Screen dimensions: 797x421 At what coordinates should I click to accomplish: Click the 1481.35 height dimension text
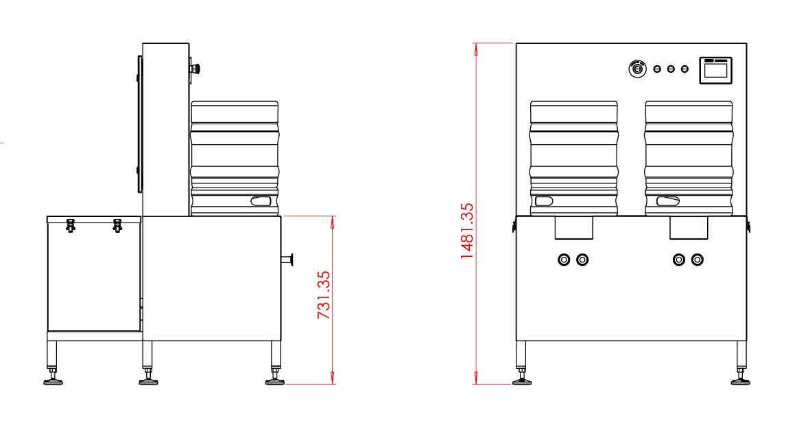pyautogui.click(x=467, y=231)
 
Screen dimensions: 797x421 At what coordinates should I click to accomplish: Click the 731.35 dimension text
pyautogui.click(x=324, y=295)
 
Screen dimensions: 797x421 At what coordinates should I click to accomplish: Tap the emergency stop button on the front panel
pyautogui.click(x=637, y=68)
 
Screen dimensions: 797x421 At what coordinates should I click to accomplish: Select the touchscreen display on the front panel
pyautogui.click(x=715, y=70)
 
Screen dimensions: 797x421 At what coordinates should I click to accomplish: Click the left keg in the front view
pyautogui.click(x=574, y=159)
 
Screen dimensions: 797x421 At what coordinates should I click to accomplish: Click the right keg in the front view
pyautogui.click(x=689, y=159)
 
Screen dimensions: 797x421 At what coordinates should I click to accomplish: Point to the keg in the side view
pyautogui.click(x=235, y=159)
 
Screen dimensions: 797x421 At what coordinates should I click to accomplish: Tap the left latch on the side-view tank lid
pyautogui.click(x=71, y=225)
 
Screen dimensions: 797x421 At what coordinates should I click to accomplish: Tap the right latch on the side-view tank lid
pyautogui.click(x=117, y=225)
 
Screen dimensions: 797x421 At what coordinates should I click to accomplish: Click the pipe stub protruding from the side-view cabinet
pyautogui.click(x=287, y=260)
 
